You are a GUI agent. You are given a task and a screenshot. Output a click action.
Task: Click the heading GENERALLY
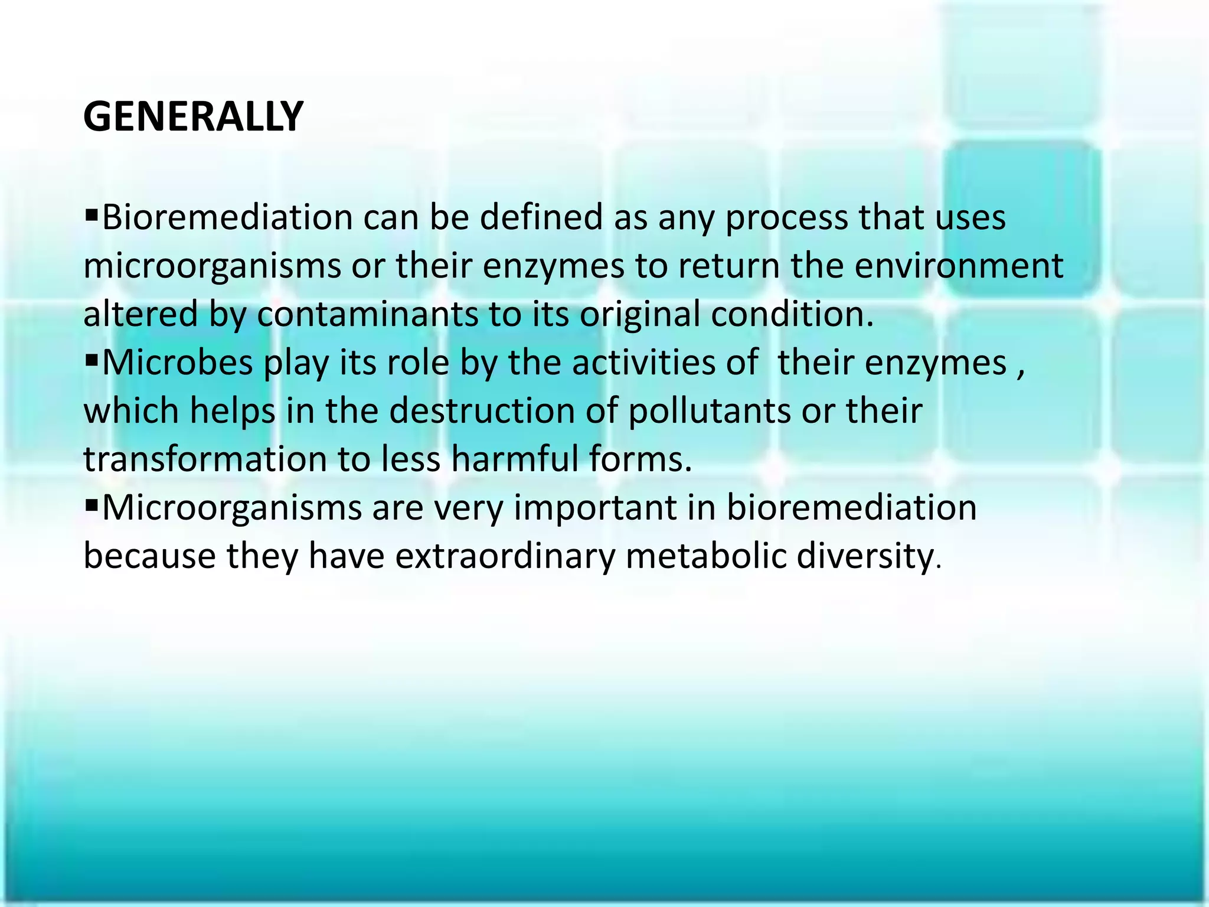coord(193,116)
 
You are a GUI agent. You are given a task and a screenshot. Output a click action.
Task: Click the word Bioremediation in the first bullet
coord(227,217)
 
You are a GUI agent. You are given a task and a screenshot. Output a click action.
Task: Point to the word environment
coord(959,266)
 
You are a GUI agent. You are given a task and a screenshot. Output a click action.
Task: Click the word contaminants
coord(367,314)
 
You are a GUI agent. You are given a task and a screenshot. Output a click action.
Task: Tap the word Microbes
coord(177,363)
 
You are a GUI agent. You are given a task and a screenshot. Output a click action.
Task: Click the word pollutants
coord(708,411)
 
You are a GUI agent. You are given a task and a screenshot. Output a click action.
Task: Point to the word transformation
coord(205,459)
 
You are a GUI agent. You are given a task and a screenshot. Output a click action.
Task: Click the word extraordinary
coord(505,556)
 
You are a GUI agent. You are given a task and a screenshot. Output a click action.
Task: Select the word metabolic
coord(705,556)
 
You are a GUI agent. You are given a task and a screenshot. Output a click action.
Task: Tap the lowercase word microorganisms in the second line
coord(212,267)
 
